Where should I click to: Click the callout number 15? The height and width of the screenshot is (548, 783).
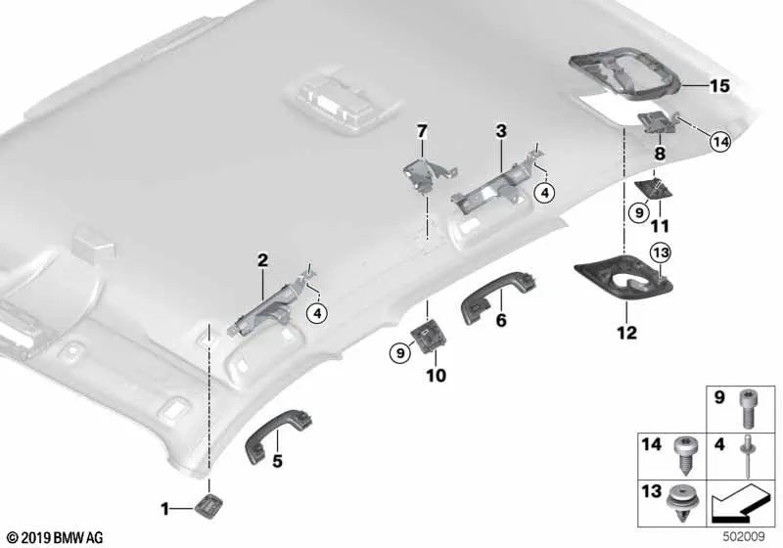(718, 87)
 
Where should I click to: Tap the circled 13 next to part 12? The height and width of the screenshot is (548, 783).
(661, 254)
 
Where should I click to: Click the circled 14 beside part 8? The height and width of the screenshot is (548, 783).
(720, 142)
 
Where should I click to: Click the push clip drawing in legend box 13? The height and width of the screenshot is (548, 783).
(680, 505)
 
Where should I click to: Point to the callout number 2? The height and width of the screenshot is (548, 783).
(262, 260)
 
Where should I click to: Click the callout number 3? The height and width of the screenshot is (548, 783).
(500, 130)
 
